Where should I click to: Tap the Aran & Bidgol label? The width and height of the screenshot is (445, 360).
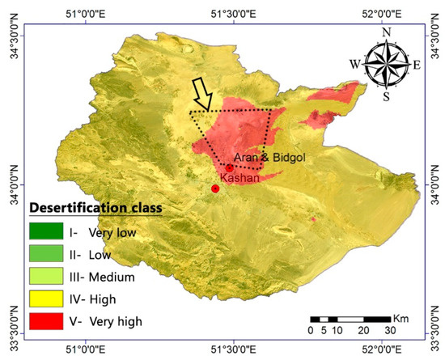266,157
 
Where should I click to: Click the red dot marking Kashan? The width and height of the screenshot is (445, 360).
215,188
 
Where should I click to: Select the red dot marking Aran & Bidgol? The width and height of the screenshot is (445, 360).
230,167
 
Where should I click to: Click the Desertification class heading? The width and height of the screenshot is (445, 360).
95,208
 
